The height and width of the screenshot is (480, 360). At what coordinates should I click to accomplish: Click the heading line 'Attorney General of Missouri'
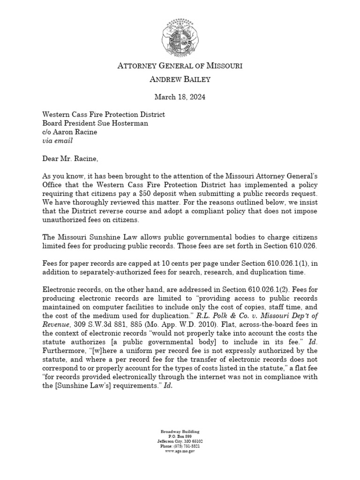click(x=180, y=66)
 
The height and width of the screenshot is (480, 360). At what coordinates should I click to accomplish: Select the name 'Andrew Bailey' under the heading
click(x=180, y=80)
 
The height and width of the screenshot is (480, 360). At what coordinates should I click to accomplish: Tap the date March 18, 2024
click(x=180, y=97)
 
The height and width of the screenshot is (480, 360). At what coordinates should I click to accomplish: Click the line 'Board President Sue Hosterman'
click(x=95, y=123)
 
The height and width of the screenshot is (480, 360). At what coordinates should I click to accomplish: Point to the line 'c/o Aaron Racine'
click(x=70, y=132)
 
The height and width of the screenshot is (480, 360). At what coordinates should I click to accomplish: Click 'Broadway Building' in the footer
click(x=180, y=431)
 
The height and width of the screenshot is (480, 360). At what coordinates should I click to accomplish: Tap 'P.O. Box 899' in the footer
click(x=180, y=436)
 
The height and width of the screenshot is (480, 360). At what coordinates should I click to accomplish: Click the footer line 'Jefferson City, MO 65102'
click(x=180, y=441)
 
